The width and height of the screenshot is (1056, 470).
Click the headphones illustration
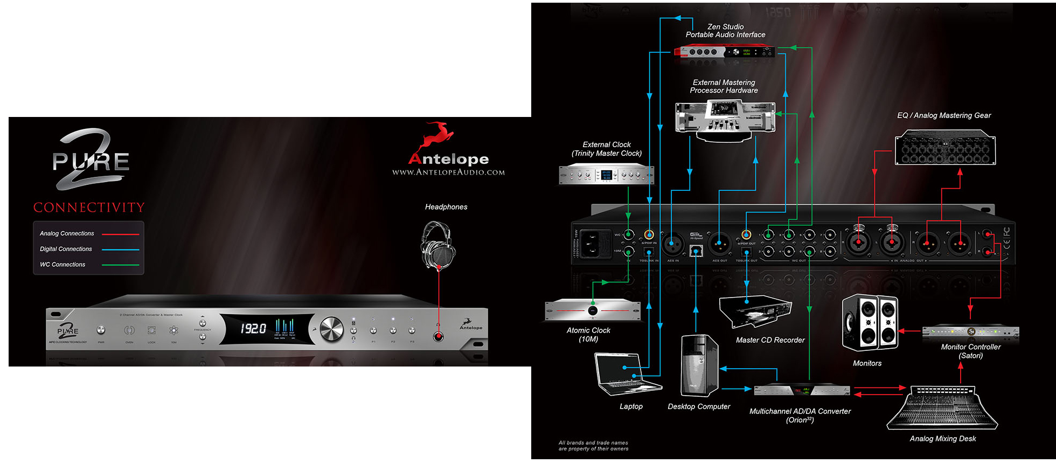(x=437, y=246)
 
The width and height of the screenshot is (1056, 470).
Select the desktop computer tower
(x=699, y=366)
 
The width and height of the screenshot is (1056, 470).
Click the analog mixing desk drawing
(x=943, y=408)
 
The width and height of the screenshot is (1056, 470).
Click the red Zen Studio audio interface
(x=724, y=52)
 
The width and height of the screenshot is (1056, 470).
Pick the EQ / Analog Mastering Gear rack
(x=945, y=148)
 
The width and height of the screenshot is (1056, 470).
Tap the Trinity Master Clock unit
(x=606, y=175)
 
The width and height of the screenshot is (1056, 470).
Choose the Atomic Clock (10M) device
(x=593, y=310)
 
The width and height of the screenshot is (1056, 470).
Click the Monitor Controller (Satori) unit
(x=970, y=332)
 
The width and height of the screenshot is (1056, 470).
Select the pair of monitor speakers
(x=870, y=322)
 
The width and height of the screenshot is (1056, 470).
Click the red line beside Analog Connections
(x=121, y=234)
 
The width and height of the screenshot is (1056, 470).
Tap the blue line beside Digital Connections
(x=121, y=250)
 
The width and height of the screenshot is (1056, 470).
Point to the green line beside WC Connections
(x=121, y=265)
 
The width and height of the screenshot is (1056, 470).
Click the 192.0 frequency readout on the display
(x=253, y=328)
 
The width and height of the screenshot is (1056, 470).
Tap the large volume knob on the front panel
(x=331, y=329)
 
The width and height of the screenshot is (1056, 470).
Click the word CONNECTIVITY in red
(x=89, y=208)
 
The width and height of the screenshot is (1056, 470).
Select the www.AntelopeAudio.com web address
(x=448, y=172)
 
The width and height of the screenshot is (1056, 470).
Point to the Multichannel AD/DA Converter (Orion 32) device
(x=801, y=390)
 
